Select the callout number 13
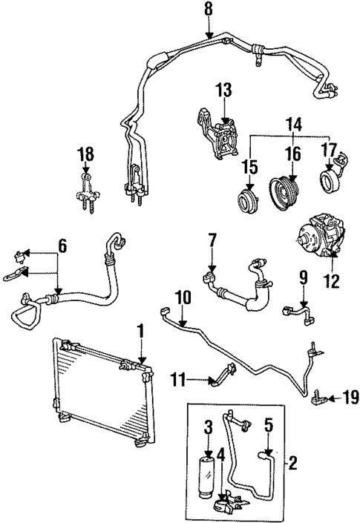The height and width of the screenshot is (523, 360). point(224,91)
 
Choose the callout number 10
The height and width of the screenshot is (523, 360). point(183,298)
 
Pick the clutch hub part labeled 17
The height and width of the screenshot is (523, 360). point(330,180)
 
